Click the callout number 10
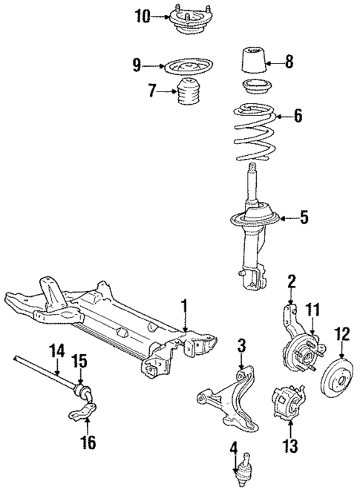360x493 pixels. pos(142,16)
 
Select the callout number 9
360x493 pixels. pos(137,65)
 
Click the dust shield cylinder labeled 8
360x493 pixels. pos(252,61)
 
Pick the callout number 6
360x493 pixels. pos(298,115)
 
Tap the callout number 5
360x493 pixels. pos(304,218)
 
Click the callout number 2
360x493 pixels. pos(292,280)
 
